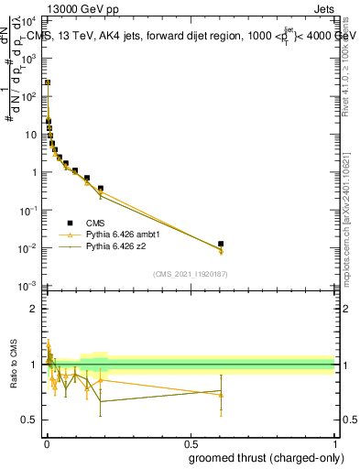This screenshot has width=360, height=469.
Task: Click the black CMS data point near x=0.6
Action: (x=221, y=244)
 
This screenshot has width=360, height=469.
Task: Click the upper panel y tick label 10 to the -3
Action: (x=27, y=287)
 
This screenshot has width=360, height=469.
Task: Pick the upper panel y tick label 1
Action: (x=33, y=172)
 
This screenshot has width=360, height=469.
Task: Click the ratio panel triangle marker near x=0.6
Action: (x=221, y=394)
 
